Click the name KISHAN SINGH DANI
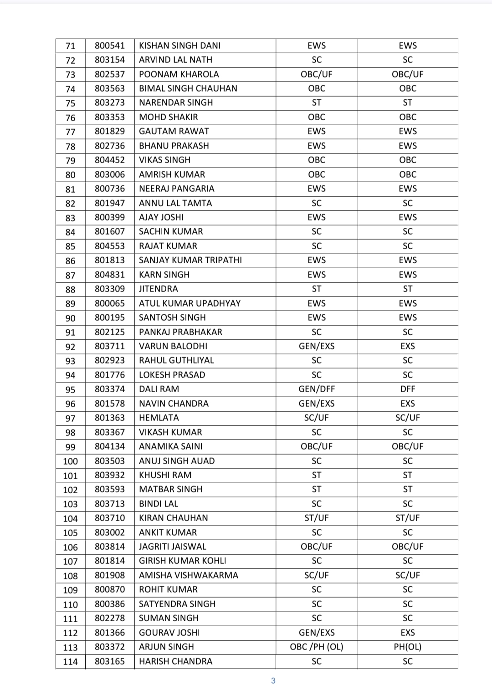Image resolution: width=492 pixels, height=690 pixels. coord(179,46)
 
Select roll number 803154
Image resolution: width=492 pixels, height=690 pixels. coord(110,60)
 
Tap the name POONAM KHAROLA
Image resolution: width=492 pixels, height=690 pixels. coord(179,74)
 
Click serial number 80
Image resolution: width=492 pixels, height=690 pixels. coord(70,175)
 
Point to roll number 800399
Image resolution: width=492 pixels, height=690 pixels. coord(110,217)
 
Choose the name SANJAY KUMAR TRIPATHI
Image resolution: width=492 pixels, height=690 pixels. coord(190,260)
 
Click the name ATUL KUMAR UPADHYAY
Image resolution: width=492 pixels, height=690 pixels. coord(190,303)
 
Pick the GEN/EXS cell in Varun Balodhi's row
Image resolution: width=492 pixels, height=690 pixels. coord(317,346)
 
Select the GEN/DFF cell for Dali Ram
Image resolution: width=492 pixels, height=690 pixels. coord(317,389)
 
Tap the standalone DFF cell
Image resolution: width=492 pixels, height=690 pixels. coord(408,389)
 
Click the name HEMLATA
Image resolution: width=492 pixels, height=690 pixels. coord(159,418)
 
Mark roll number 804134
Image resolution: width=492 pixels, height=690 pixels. coord(110,446)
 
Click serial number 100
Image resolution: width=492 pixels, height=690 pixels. coord(70,461)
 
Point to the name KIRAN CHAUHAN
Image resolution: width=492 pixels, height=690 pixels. coord(174,518)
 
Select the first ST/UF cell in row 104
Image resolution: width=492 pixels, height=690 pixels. coord(317,518)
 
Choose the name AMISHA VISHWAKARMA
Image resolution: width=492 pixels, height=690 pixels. coord(189,575)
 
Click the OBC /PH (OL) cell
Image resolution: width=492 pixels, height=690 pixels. coord(317,647)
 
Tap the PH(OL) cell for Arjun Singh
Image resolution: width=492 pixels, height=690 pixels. coord(408,647)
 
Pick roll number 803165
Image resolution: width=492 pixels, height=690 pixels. coord(110,661)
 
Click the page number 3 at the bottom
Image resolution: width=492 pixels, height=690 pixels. coord(273,681)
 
